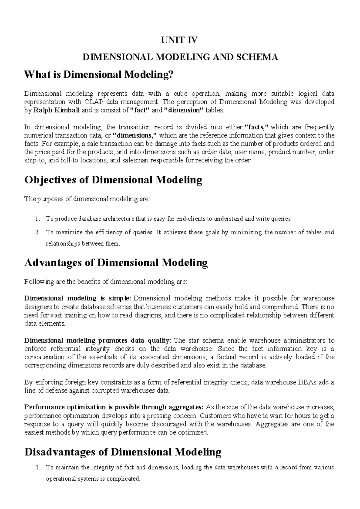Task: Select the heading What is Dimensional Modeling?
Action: point(99,74)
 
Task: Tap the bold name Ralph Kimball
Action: point(56,110)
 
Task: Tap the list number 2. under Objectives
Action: point(37,232)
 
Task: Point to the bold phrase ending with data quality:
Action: point(97,340)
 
